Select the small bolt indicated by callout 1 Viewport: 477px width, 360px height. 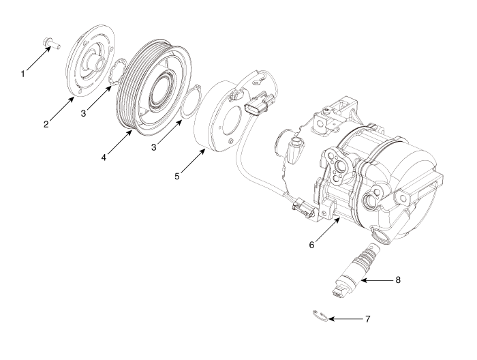[x=52, y=43]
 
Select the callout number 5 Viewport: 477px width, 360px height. [x=177, y=176]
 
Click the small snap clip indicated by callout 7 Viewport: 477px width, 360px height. [x=320, y=314]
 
